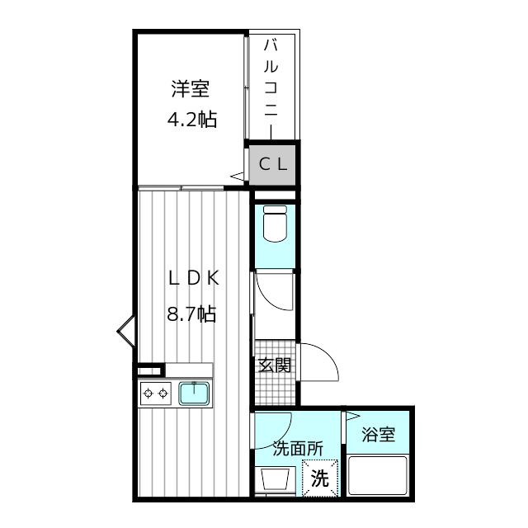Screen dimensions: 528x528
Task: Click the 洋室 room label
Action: [191, 88]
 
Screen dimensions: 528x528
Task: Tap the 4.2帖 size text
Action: [192, 119]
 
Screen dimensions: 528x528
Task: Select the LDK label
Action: [194, 279]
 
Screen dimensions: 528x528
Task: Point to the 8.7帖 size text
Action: [191, 313]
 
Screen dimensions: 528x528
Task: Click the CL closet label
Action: [273, 164]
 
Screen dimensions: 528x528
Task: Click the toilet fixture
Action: [275, 224]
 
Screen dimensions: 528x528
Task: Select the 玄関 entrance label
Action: [275, 365]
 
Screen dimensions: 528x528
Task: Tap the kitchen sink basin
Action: [194, 394]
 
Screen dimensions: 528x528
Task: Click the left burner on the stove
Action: [148, 393]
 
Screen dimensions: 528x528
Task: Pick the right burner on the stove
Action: [163, 393]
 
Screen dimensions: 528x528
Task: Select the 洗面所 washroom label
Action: [298, 448]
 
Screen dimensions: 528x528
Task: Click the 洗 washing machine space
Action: [320, 478]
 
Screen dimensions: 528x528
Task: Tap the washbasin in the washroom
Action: [275, 479]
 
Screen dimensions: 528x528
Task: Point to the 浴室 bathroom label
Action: [378, 434]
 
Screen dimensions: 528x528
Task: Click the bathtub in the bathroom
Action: [378, 475]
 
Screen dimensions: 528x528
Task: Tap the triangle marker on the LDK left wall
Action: [126, 331]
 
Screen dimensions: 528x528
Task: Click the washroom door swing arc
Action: [283, 438]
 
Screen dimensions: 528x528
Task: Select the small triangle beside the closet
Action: [237, 176]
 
